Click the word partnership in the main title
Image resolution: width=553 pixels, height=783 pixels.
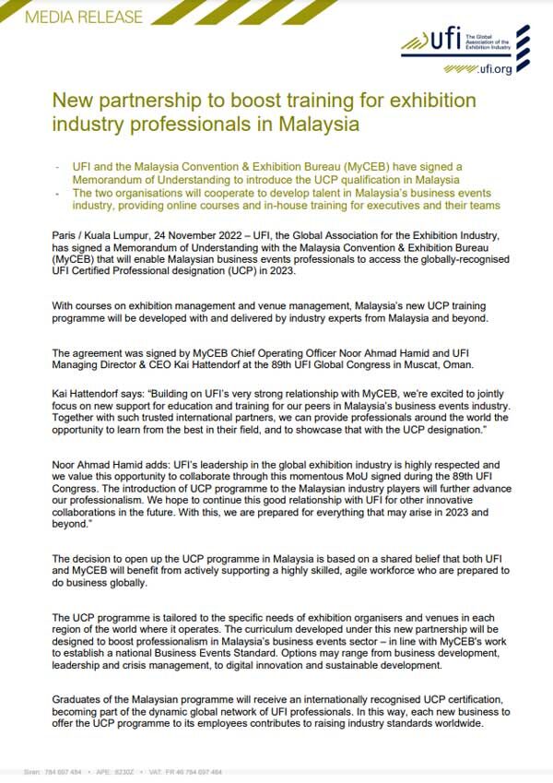tap(135, 99)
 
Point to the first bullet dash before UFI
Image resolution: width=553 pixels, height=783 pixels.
tap(56, 166)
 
